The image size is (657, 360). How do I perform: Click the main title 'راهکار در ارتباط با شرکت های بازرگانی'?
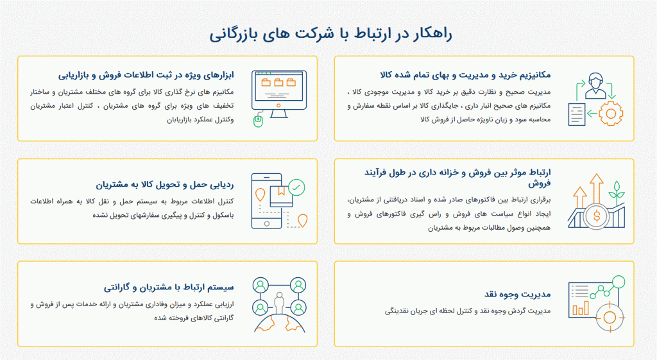(x=330, y=34)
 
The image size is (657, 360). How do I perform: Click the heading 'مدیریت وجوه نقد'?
(x=518, y=294)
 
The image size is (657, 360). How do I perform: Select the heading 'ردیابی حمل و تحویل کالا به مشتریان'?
(x=165, y=184)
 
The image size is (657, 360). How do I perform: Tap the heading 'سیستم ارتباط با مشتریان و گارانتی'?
(x=169, y=287)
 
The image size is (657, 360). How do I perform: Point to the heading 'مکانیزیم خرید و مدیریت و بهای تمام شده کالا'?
(x=466, y=75)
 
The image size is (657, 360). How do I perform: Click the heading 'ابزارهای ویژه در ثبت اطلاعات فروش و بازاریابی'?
(x=146, y=75)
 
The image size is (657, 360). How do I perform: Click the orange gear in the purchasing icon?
(x=611, y=113)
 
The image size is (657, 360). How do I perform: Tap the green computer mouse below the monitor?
(x=258, y=121)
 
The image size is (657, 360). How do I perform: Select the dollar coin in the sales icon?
(x=597, y=216)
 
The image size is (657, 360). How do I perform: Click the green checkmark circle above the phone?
(x=296, y=187)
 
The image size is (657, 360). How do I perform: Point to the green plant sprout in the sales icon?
(x=617, y=192)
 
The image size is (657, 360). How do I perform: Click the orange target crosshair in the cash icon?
(x=610, y=317)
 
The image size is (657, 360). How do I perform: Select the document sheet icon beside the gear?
(x=577, y=114)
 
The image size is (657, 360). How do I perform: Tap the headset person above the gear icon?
(x=595, y=85)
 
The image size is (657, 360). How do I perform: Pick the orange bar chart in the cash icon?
(x=581, y=309)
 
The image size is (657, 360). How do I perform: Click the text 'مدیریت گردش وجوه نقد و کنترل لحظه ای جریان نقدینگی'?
(x=468, y=311)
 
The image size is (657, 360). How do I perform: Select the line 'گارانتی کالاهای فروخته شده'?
(x=194, y=318)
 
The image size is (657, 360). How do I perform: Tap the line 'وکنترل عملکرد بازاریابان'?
(x=200, y=120)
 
